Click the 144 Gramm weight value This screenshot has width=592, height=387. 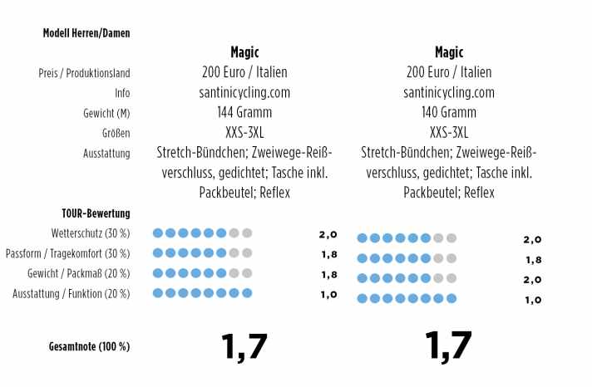(244, 112)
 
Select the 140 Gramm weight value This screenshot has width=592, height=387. (449, 112)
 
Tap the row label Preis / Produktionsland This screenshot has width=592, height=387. (85, 73)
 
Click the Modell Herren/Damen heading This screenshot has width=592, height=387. (86, 33)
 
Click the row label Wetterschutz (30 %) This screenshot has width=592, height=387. (91, 233)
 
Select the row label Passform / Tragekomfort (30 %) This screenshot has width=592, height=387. (67, 253)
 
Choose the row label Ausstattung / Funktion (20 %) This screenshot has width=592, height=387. (72, 293)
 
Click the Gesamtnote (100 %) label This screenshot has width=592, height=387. (90, 346)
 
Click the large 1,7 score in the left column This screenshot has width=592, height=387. (244, 346)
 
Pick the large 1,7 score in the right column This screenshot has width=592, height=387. (448, 345)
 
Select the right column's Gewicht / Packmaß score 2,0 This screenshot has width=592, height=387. (533, 280)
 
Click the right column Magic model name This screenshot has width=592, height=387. (449, 51)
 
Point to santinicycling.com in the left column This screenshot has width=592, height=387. (244, 92)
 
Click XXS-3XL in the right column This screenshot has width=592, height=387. (449, 132)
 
